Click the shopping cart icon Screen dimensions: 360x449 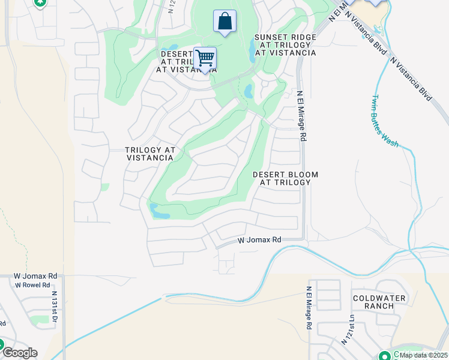205,59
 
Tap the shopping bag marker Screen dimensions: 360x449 224,22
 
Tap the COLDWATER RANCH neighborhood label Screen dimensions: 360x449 379,302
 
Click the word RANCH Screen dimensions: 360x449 379,306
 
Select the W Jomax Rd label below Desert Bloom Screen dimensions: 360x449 259,240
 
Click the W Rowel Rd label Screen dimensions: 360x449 32,285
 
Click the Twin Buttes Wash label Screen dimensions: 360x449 385,121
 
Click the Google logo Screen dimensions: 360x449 19,353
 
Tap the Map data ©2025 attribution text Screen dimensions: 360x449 423,355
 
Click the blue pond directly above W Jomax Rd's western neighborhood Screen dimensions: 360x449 160,211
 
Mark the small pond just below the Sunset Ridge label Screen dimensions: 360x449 249,92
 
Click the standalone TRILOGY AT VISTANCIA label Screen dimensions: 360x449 150,154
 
